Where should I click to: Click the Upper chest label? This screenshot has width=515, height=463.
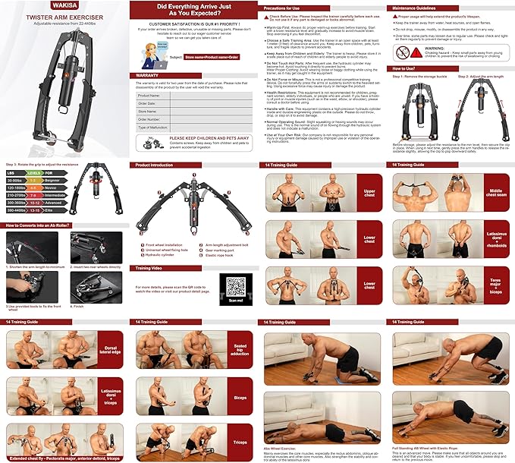click(x=369, y=192)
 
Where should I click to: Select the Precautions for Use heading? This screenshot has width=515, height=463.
click(x=286, y=7)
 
